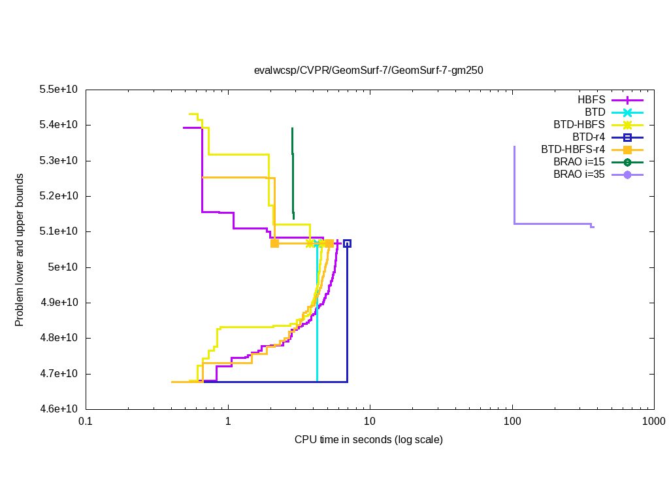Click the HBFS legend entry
[x=591, y=101]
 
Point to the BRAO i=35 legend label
[x=579, y=175]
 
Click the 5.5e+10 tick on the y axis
[x=59, y=90]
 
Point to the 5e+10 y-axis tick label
[x=63, y=267]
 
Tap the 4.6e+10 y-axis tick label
[x=59, y=409]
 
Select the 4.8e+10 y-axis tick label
[x=59, y=338]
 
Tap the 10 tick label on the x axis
[x=370, y=423]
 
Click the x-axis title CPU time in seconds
[x=368, y=440]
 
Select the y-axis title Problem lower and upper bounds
[x=20, y=250]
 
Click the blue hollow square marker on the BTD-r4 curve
[x=347, y=243]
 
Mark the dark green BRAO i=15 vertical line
[x=293, y=170]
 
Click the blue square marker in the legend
[x=627, y=137]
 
